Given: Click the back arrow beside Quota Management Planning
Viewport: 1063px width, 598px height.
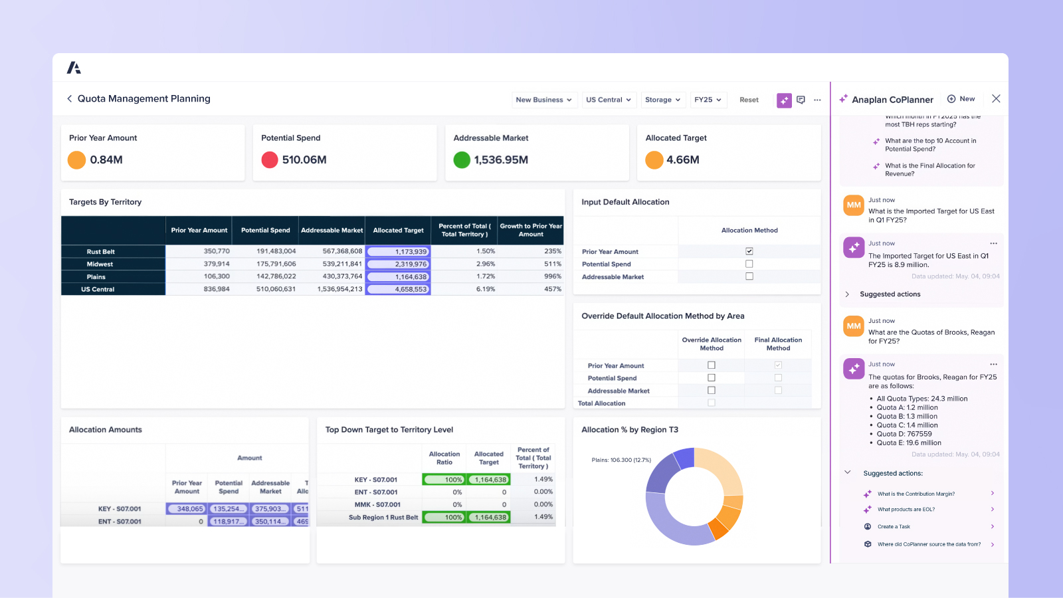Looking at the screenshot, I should pos(69,98).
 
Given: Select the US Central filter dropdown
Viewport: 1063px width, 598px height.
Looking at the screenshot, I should pos(609,100).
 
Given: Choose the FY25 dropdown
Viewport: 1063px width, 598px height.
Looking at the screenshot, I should pos(708,100).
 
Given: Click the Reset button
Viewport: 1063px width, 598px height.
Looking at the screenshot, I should pos(749,100).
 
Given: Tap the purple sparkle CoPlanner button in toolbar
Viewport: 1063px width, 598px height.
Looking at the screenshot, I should pos(784,100).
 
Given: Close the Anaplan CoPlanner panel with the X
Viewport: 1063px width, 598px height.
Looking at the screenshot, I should pos(995,98).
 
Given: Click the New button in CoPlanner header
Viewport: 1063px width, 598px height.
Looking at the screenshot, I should pos(961,99).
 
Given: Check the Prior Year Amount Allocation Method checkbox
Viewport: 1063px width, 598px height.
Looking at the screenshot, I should pos(749,251).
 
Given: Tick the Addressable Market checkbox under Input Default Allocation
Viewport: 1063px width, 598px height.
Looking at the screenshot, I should pos(749,276).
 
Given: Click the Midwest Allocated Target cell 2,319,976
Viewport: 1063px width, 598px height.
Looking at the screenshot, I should pos(398,264).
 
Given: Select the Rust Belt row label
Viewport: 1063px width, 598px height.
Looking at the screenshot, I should pos(101,252).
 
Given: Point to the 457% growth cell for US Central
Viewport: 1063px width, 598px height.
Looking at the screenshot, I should pos(553,289).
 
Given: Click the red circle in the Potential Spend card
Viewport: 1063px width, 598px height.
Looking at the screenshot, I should pos(270,160).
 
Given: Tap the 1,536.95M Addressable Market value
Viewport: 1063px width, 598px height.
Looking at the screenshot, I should pos(501,160).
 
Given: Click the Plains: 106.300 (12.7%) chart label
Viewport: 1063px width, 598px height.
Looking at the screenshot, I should pos(621,460).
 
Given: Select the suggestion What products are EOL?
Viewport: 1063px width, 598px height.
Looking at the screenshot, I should pos(906,510).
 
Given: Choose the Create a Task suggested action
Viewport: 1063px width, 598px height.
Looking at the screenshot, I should pos(894,527).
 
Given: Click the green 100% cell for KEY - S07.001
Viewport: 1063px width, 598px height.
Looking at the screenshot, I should pos(444,480).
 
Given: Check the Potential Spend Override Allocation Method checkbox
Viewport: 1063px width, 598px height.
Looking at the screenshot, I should pos(712,378).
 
